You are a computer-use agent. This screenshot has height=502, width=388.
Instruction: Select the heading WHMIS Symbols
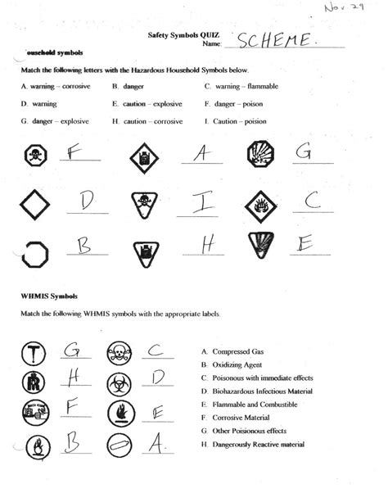(40, 295)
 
